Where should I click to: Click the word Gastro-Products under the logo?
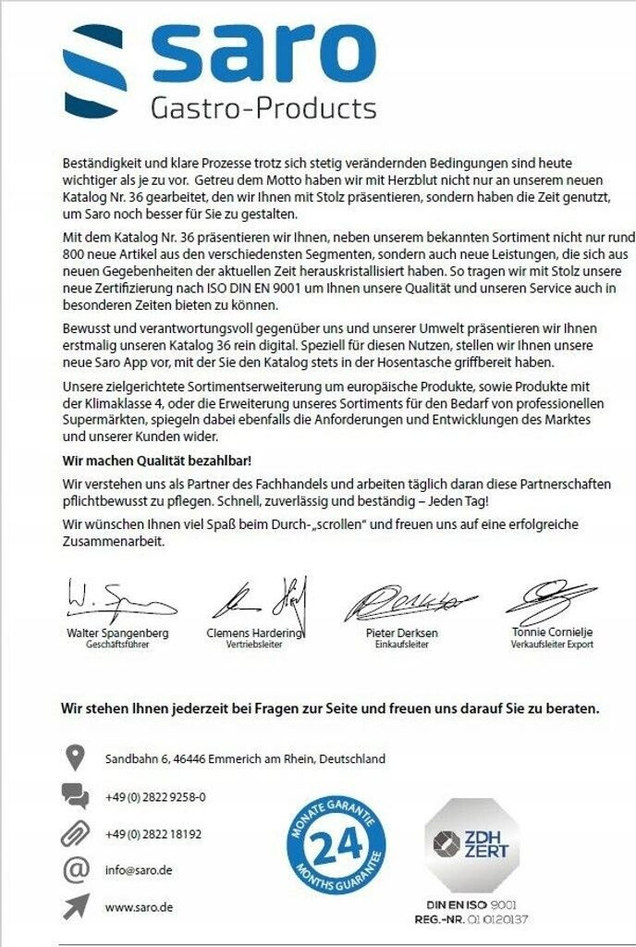click(263, 108)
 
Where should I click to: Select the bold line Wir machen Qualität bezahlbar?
click(156, 460)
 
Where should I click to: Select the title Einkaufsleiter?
click(400, 645)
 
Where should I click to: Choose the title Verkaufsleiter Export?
click(552, 645)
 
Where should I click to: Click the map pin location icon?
click(76, 758)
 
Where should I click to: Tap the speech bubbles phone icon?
click(75, 795)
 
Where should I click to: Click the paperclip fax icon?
click(75, 832)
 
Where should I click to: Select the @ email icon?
click(75, 869)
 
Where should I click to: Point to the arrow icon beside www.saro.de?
click(75, 906)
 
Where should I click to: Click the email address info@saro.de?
click(139, 870)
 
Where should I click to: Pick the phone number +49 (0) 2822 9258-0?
click(155, 797)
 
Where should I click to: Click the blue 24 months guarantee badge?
click(336, 845)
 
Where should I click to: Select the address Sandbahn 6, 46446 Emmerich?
click(244, 759)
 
